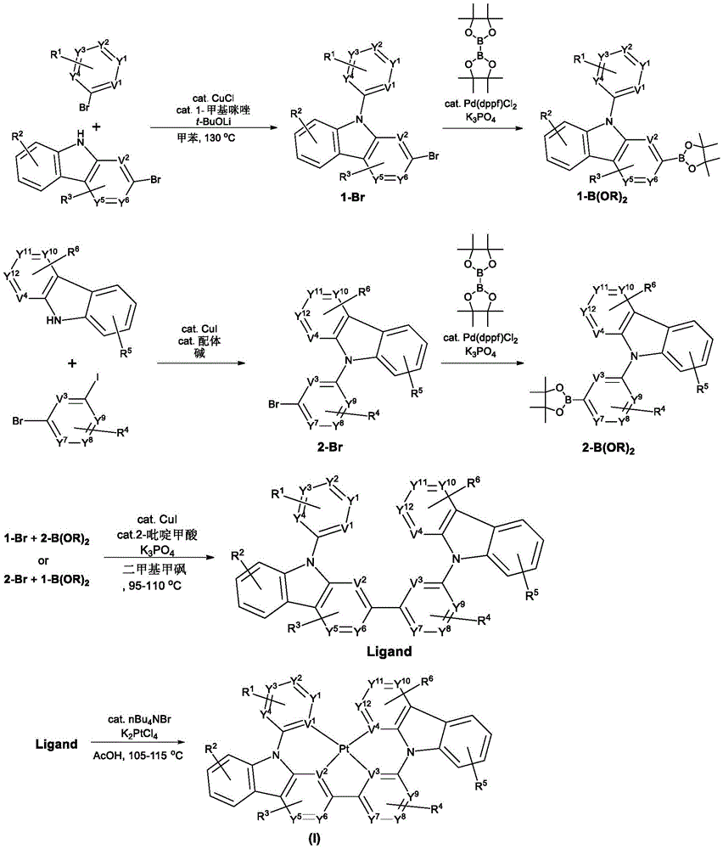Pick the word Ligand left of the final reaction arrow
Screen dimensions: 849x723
coord(52,744)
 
